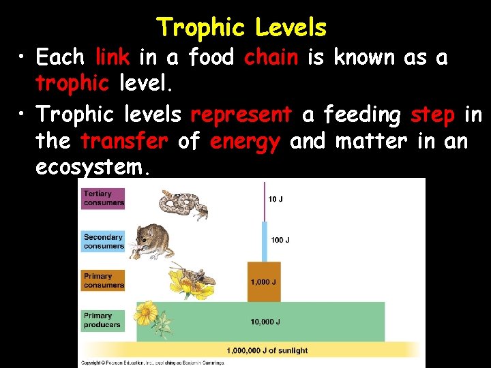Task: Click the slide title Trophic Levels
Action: pos(242,28)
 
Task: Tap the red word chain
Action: pos(271,58)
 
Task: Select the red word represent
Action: pos(241,115)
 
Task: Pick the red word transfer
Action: pos(123,142)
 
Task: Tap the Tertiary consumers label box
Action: pos(104,198)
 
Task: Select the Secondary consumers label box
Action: pos(104,241)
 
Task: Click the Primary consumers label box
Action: pos(104,280)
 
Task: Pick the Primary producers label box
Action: pos(104,320)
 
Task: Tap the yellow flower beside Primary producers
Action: pos(145,313)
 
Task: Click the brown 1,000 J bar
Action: pos(263,282)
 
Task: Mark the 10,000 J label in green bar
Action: pos(264,322)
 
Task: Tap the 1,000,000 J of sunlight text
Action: pos(267,350)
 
